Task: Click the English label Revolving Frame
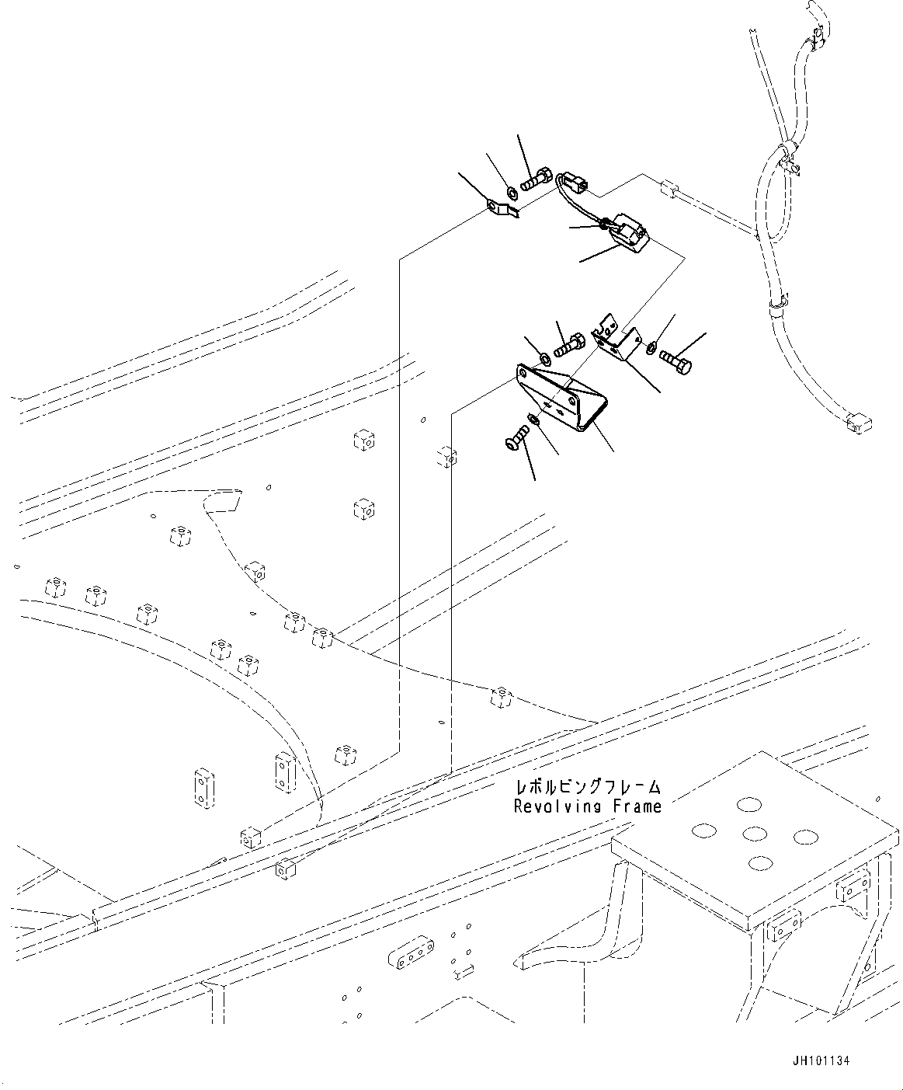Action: point(587,806)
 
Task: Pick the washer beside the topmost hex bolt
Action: point(512,192)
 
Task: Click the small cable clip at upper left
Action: point(502,208)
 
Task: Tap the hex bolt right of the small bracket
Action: point(675,360)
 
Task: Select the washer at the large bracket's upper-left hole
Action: point(544,357)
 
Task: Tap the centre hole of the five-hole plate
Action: point(755,834)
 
